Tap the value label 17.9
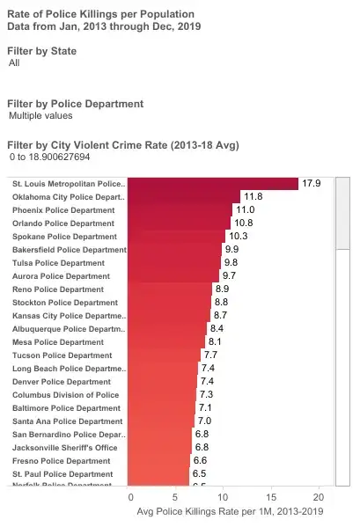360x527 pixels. click(x=312, y=184)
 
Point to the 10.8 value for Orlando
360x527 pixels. click(x=243, y=223)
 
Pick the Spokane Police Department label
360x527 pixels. click(x=64, y=237)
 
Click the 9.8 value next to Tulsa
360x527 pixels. click(x=231, y=263)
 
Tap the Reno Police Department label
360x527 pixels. click(x=58, y=289)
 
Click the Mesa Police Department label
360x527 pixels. click(x=58, y=342)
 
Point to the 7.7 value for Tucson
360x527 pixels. click(x=210, y=355)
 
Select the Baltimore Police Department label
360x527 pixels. click(x=67, y=408)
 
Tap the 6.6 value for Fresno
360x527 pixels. click(x=200, y=461)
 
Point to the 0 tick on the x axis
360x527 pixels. click(x=129, y=495)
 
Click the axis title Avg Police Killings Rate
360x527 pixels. click(x=230, y=510)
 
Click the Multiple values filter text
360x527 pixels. click(x=40, y=116)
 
